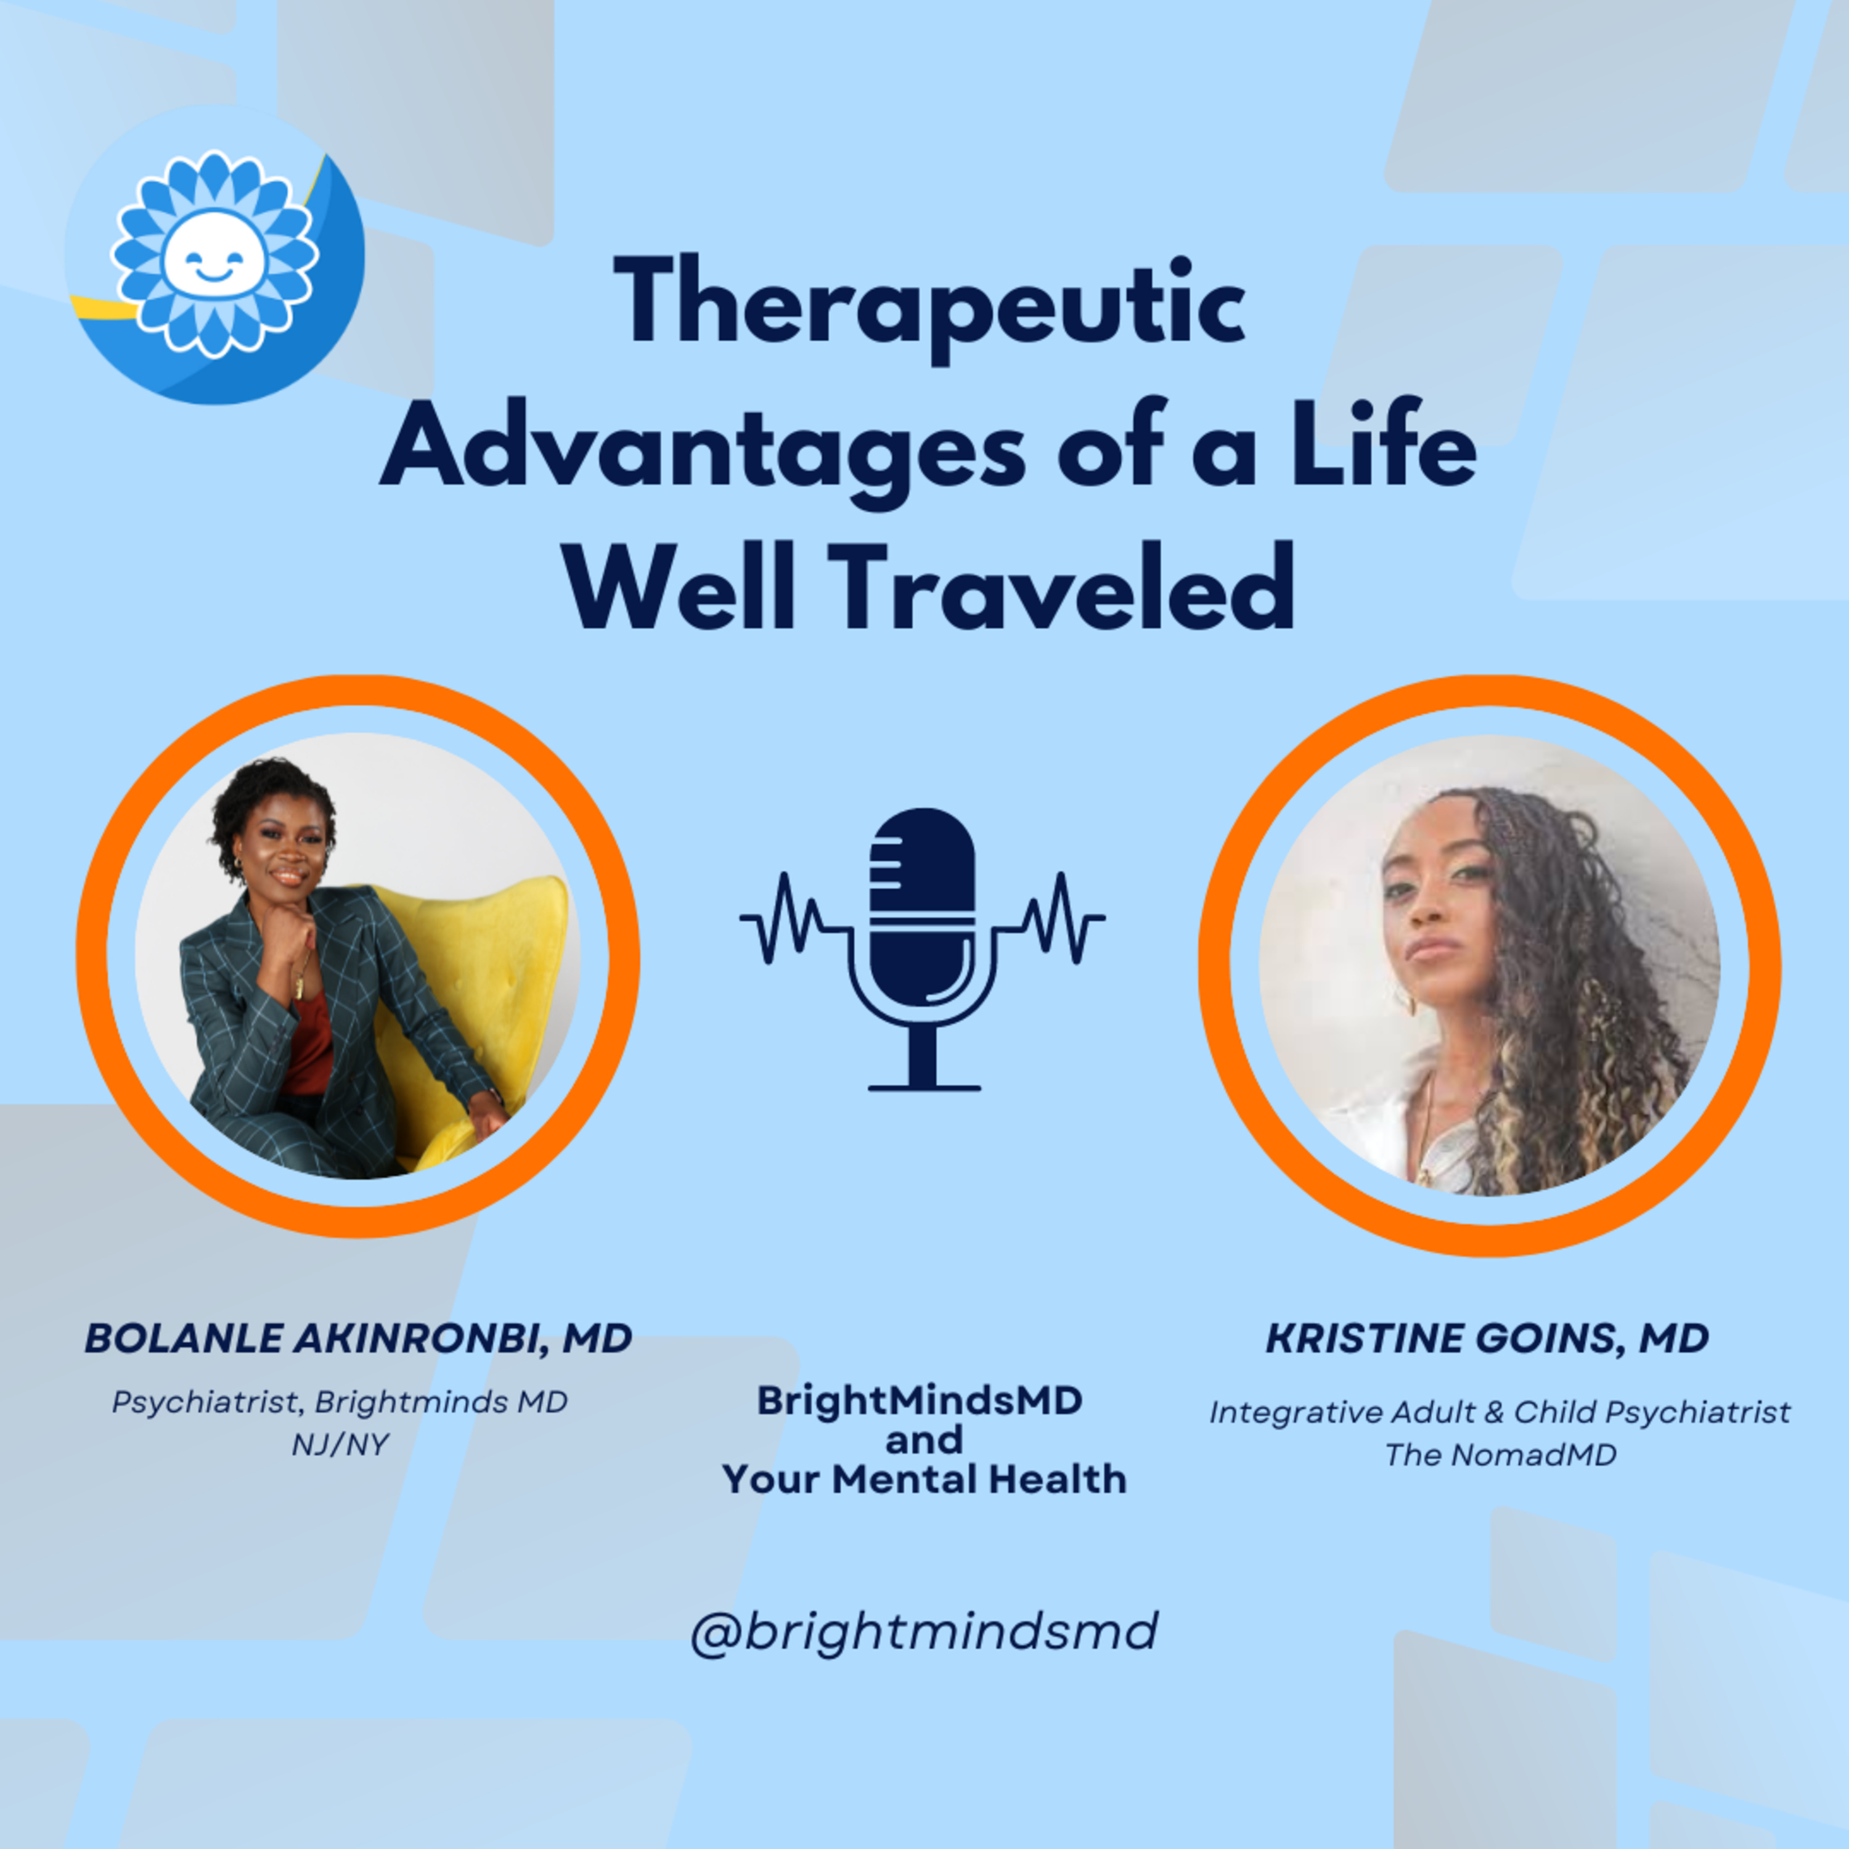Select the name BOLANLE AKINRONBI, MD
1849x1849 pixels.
359,1338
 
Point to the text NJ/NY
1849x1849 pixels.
341,1443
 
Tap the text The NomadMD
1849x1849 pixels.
1500,1455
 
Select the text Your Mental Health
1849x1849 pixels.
923,1480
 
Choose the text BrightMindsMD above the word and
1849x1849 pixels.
920,1401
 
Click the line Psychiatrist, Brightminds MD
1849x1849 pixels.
340,1403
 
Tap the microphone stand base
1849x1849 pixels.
923,1087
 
